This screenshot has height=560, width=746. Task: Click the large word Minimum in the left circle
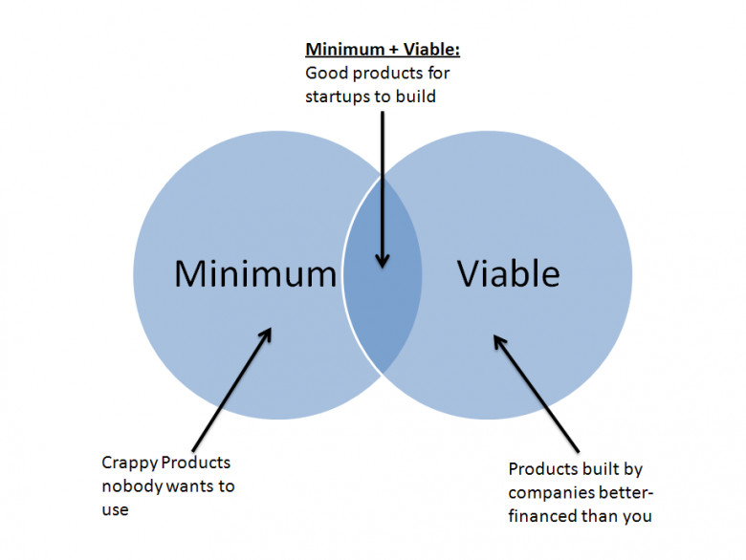(x=255, y=273)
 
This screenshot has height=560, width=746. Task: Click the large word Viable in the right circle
(x=508, y=273)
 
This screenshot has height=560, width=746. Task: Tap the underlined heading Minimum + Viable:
(x=383, y=49)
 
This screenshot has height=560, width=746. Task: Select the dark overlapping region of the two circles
(x=383, y=275)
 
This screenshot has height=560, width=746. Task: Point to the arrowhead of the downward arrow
(x=382, y=261)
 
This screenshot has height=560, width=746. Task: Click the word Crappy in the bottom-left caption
(x=129, y=463)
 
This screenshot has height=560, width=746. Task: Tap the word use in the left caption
(x=115, y=510)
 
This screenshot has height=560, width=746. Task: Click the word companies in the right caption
(x=546, y=493)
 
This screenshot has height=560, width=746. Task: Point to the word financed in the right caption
(x=542, y=516)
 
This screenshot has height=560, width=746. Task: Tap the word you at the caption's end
(x=637, y=517)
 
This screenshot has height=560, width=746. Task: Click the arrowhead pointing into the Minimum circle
(x=266, y=334)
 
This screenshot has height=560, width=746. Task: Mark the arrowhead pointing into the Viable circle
(x=499, y=342)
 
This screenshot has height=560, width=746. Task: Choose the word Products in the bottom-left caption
(x=195, y=463)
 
